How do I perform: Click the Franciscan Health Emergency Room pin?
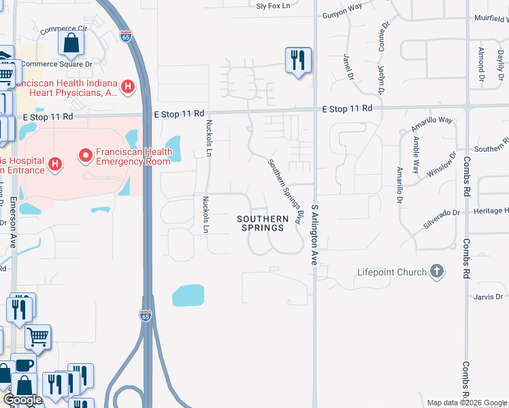click(86, 156)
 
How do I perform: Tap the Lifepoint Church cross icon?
click(437, 272)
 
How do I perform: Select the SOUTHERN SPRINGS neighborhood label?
click(260, 223)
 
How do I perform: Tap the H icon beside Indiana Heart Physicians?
click(127, 86)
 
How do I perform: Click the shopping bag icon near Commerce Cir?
click(71, 45)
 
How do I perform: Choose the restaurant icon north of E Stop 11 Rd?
click(297, 61)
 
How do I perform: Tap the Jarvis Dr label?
click(489, 296)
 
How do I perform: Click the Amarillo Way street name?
click(431, 124)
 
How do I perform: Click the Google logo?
click(22, 400)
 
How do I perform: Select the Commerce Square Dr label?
click(56, 65)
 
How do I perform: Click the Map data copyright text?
click(467, 403)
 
